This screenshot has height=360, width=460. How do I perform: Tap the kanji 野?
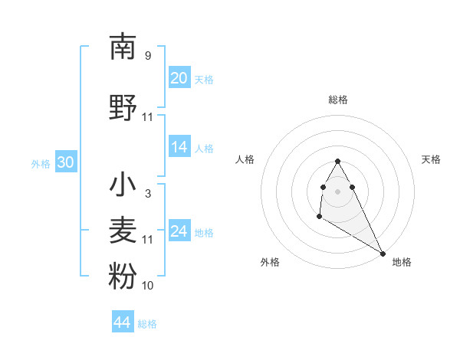(123, 107)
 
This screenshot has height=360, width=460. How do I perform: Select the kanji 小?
(123, 185)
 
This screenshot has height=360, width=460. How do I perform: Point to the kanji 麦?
(123, 230)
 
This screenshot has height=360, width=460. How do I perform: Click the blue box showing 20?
(179, 77)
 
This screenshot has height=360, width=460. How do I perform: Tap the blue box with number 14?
(179, 148)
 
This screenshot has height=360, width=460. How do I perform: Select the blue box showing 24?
(179, 232)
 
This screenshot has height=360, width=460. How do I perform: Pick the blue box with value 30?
(66, 162)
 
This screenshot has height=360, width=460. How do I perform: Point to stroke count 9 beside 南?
(148, 56)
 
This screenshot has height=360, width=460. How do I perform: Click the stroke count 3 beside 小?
(148, 194)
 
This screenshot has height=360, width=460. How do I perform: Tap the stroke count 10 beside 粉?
(148, 286)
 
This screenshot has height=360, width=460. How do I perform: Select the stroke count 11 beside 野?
(148, 117)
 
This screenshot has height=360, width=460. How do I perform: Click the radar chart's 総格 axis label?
(338, 100)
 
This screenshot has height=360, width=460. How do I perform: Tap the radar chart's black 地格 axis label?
(402, 262)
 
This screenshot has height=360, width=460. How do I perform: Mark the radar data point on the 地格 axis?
(383, 254)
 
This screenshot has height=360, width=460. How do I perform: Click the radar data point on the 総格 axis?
(337, 162)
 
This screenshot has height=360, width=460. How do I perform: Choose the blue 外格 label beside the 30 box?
(41, 163)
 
